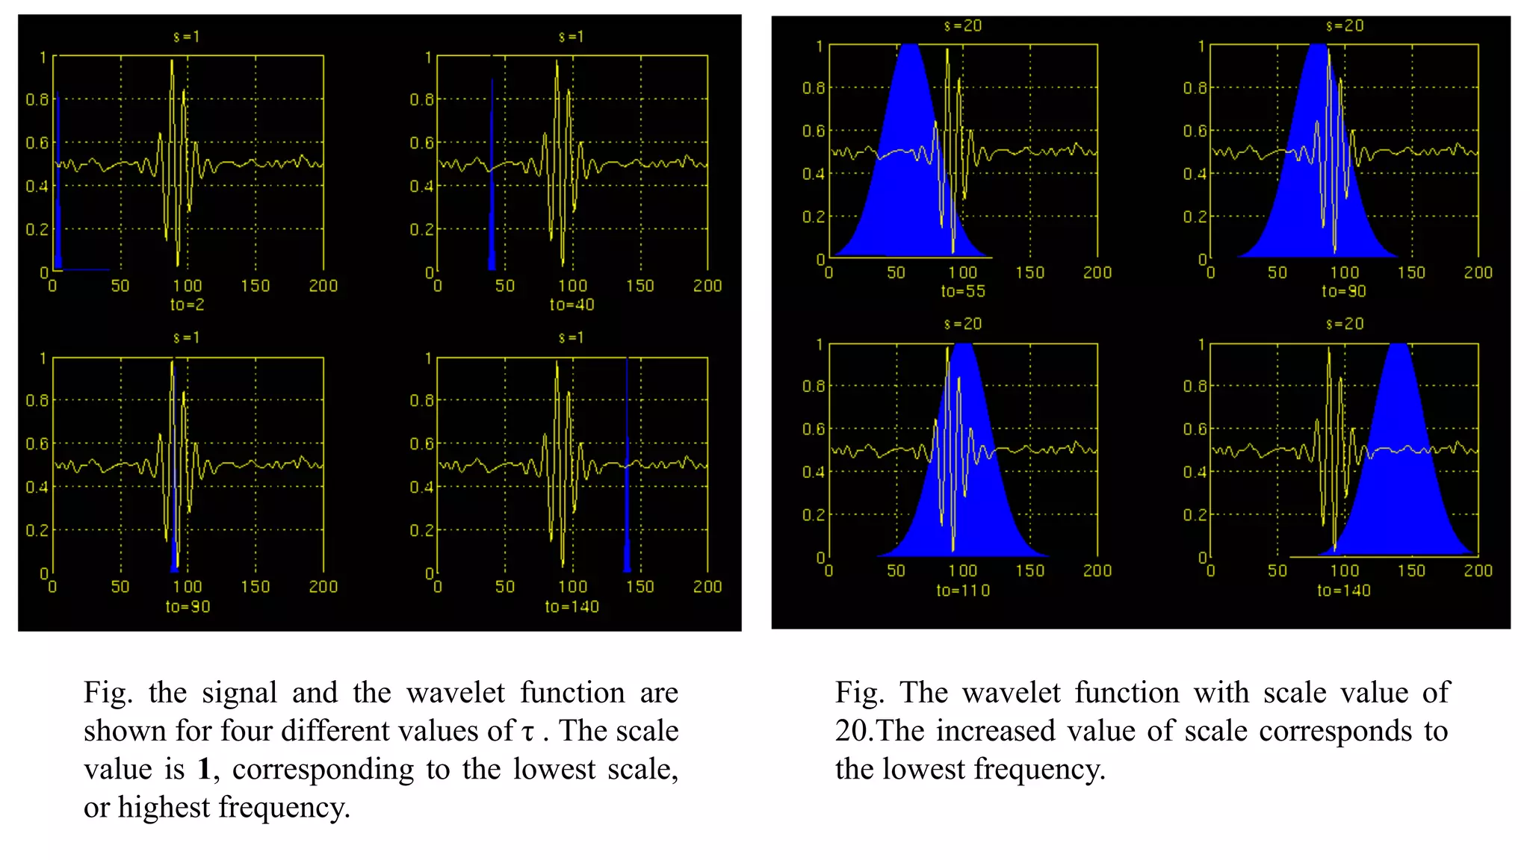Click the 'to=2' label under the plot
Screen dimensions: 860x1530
(187, 305)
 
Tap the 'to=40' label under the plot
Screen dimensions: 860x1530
(572, 305)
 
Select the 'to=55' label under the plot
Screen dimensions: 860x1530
(963, 291)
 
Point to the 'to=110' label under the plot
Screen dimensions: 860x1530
(963, 591)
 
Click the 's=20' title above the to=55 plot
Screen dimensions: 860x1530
(963, 26)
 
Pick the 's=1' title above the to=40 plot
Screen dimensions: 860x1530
(572, 37)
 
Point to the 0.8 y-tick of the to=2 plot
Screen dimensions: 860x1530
(37, 99)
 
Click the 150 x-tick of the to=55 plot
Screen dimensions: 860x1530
(1030, 273)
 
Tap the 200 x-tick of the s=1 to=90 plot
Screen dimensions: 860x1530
(323, 588)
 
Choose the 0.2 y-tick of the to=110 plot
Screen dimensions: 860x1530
(813, 515)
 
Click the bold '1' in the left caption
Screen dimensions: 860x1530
(204, 769)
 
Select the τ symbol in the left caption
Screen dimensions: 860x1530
(528, 732)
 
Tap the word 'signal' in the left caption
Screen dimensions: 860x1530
(239, 693)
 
